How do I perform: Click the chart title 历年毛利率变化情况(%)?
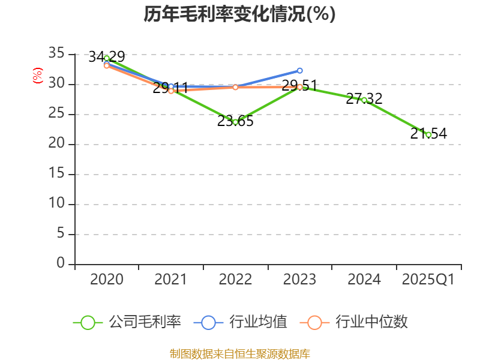239,14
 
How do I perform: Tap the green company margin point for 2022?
235,122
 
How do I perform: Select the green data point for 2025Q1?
428,134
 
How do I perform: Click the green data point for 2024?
364,100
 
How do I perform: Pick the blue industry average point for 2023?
300,71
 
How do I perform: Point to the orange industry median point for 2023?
300,87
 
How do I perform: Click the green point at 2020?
107,58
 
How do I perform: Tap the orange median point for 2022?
235,88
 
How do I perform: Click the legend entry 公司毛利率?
127,322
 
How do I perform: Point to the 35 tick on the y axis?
56,54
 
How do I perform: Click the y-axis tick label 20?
56,144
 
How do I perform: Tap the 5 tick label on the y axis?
61,234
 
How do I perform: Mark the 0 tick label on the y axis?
61,264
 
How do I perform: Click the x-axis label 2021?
171,280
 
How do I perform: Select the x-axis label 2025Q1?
428,280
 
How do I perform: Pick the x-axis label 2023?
300,280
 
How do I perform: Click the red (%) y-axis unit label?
38,76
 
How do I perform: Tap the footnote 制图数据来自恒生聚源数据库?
239,353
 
